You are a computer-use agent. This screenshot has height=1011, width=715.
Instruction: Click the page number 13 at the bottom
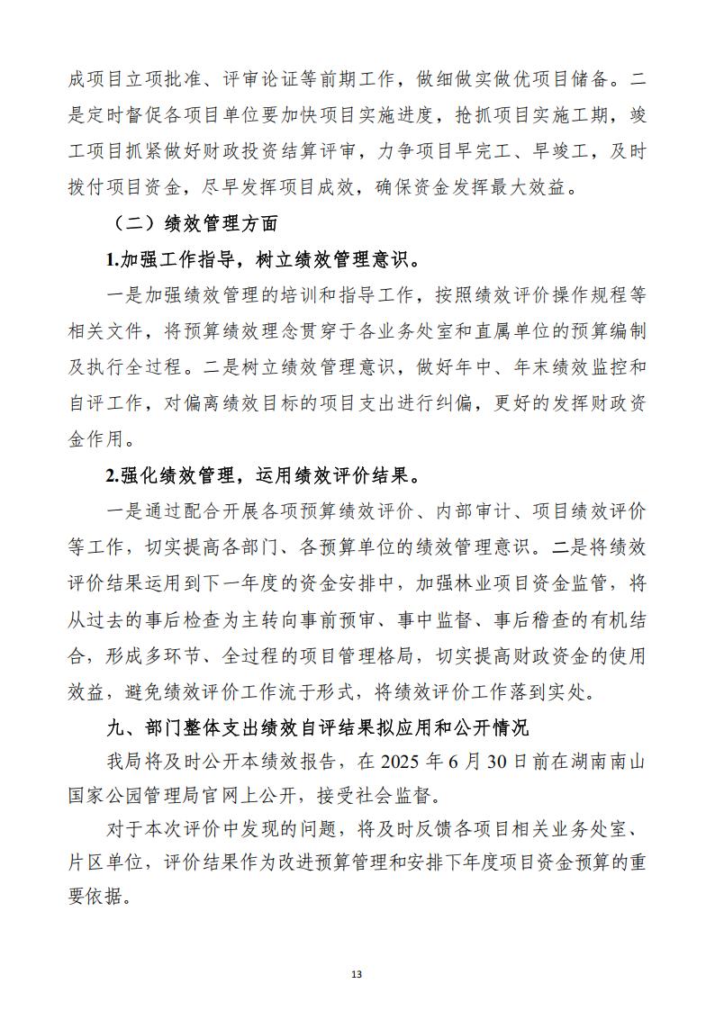pos(357,974)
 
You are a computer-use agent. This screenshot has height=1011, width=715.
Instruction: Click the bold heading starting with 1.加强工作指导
pos(262,260)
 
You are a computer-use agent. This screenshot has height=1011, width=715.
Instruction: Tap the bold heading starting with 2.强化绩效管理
pos(262,474)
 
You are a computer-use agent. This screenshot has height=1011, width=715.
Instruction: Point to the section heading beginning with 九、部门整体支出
pos(314,726)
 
